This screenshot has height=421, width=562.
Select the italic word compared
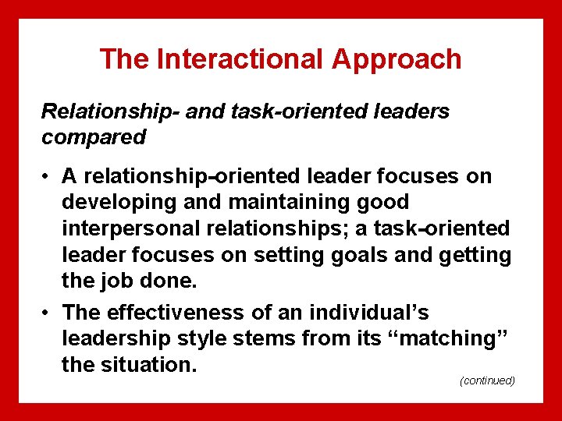[94, 137]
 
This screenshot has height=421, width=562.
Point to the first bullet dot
[47, 176]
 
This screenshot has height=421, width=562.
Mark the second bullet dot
[47, 313]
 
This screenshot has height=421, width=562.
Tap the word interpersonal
[126, 228]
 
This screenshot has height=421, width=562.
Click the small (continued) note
[488, 380]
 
